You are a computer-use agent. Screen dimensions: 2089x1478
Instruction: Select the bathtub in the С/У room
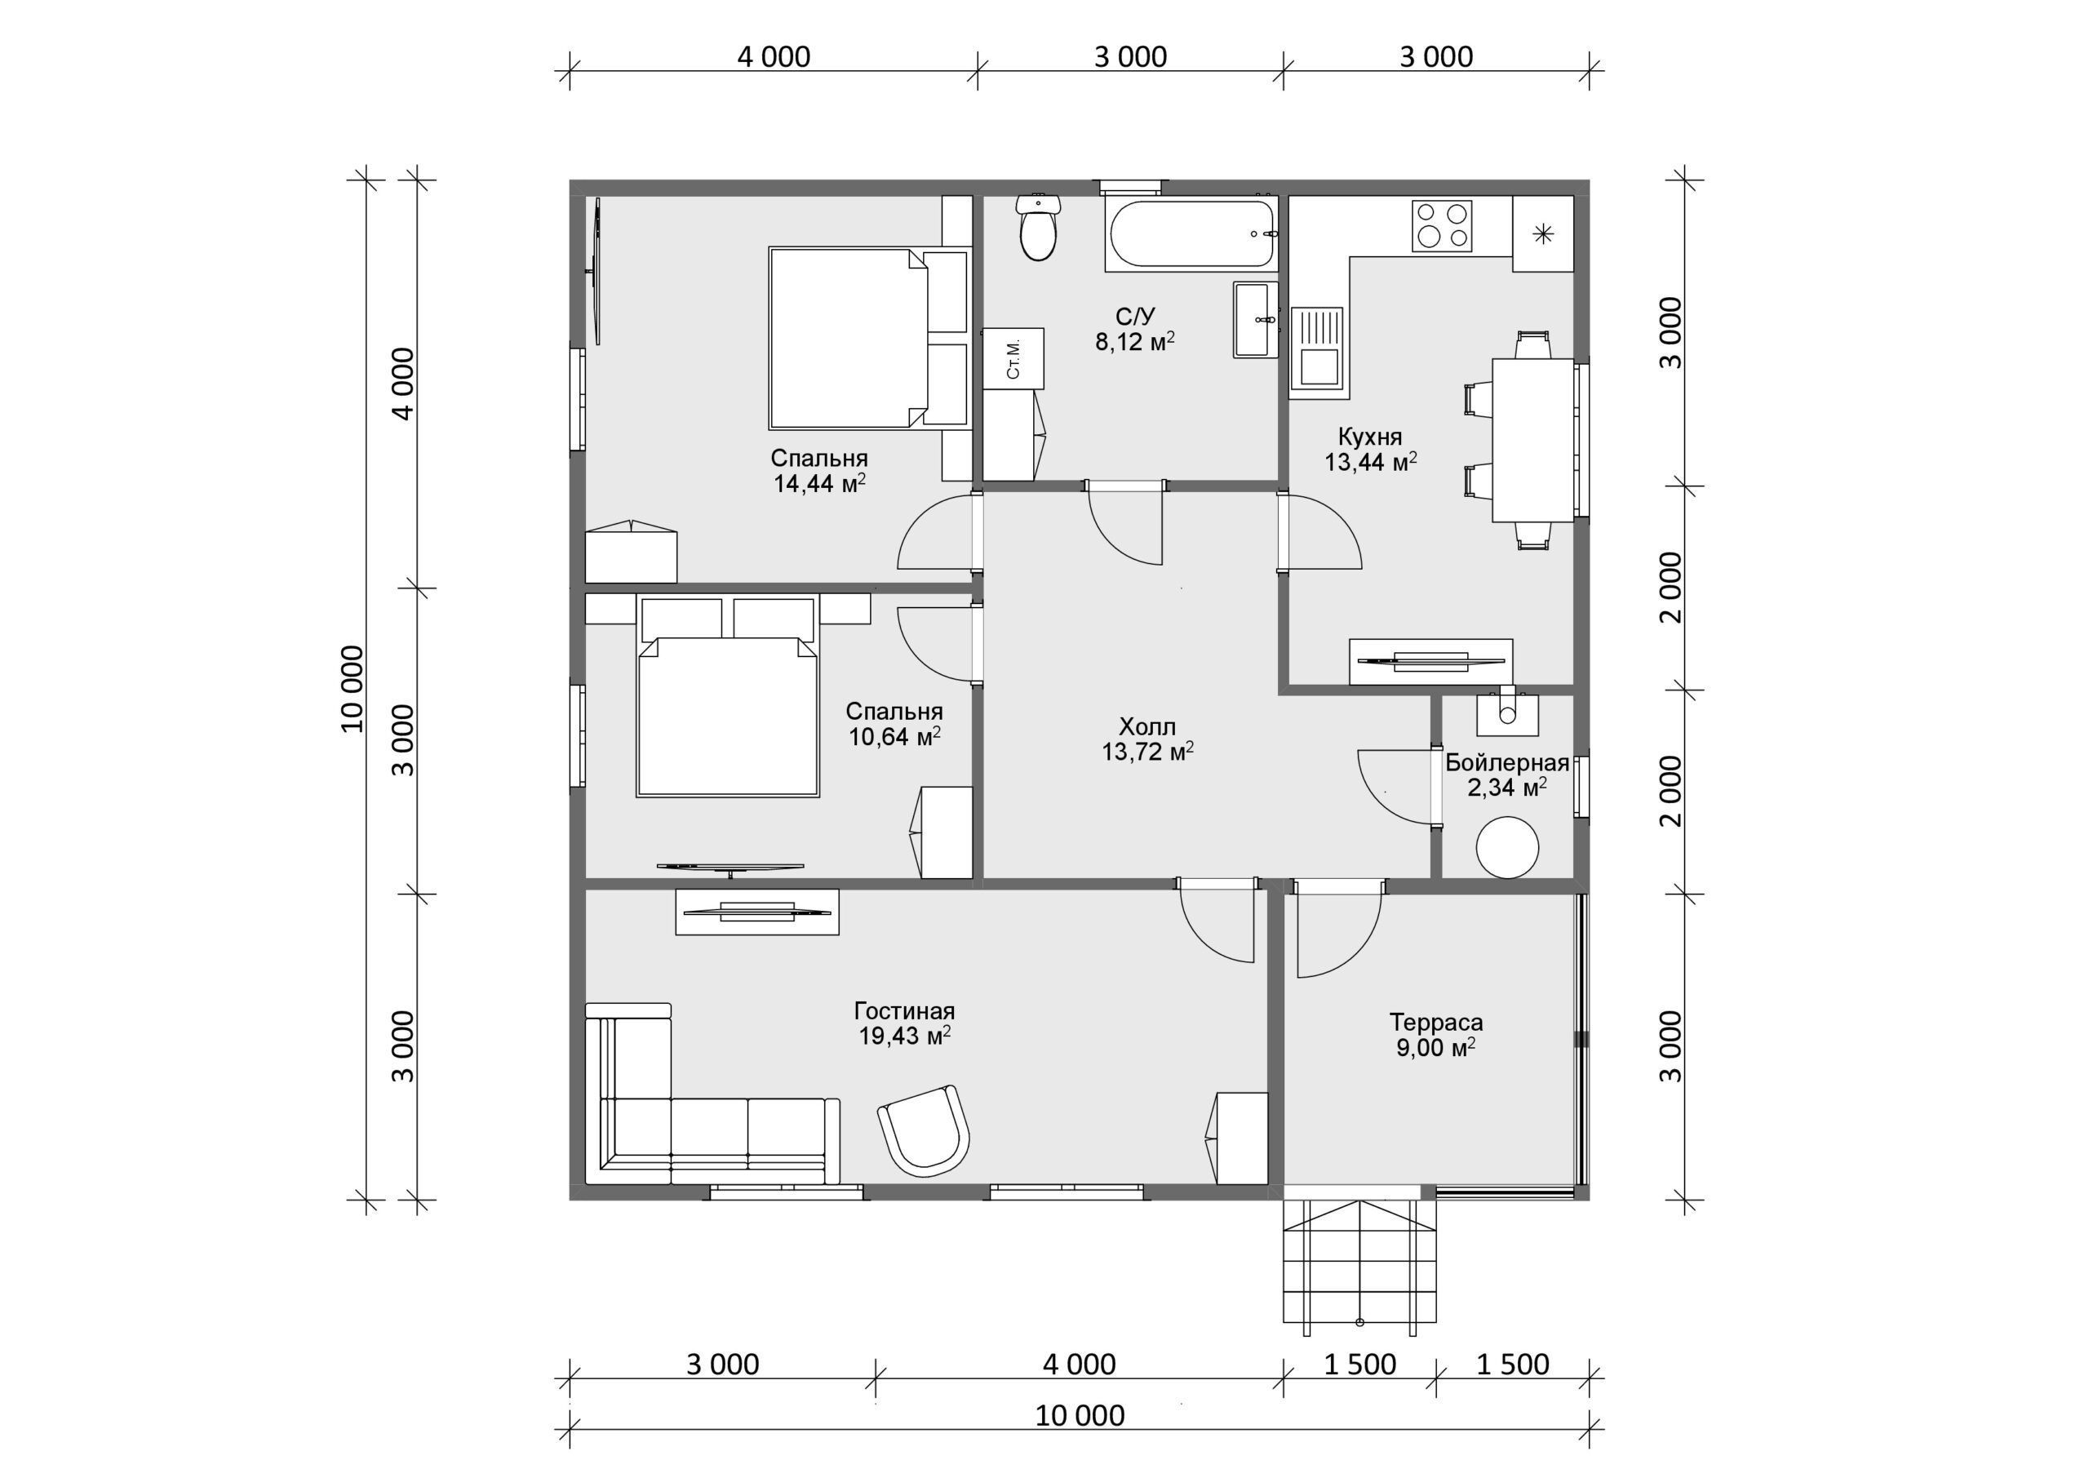pos(1192,235)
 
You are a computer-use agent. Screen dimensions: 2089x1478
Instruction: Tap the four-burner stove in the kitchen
pos(1442,226)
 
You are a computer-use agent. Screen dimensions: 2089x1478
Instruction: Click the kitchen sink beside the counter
pos(1317,348)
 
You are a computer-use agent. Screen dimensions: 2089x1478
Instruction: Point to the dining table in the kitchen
pos(1533,441)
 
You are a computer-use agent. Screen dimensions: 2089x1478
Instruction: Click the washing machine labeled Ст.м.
pos(1013,358)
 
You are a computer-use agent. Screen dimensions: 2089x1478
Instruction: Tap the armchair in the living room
pos(924,1131)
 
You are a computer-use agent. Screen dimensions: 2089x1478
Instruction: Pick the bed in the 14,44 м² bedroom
pos(868,338)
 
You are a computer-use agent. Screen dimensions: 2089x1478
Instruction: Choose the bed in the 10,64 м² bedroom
pos(727,698)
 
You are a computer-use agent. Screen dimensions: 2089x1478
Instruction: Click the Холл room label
pos(1147,726)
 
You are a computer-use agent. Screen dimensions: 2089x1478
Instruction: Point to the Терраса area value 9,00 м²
pos(1435,1049)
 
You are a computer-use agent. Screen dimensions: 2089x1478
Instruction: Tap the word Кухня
pos(1370,436)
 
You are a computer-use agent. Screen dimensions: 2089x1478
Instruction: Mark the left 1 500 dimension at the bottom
pos(1360,1365)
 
